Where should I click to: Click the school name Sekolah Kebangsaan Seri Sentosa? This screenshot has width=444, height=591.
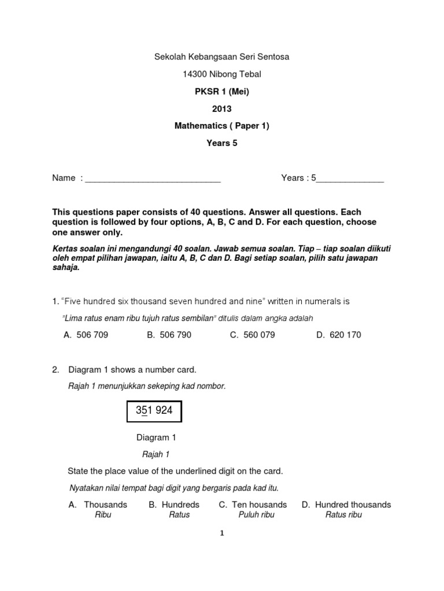tap(221, 57)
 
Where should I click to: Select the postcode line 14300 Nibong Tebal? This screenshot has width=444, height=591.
tap(221, 74)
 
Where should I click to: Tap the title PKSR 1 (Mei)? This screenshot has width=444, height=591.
tap(221, 92)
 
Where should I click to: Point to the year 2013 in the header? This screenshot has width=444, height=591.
tap(221, 109)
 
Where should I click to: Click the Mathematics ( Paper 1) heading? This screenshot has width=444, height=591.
tap(221, 126)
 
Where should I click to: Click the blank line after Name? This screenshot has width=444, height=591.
tap(153, 178)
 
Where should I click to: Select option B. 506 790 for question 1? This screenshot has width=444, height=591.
tap(169, 335)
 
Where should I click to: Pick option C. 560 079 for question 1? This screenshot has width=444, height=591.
tap(252, 335)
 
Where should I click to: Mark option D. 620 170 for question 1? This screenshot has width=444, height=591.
tap(338, 335)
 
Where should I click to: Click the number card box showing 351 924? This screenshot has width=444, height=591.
tap(154, 412)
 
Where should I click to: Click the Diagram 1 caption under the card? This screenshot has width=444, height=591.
tap(152, 438)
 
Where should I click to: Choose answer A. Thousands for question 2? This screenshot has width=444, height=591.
tap(98, 504)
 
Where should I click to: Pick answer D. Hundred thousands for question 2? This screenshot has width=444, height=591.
tap(346, 504)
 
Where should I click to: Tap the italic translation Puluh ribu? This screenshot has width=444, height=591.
tap(256, 515)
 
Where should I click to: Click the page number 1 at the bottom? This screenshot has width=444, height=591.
tap(221, 534)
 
